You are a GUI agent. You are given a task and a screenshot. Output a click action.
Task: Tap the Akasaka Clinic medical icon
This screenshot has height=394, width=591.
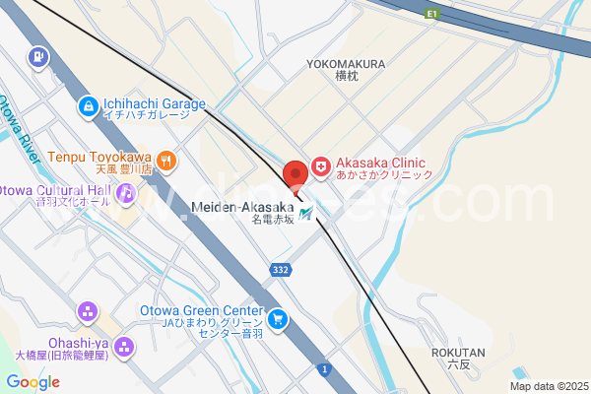pyautogui.click(x=320, y=168)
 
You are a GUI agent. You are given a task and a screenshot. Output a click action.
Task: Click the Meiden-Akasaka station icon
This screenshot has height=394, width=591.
pyautogui.click(x=306, y=212)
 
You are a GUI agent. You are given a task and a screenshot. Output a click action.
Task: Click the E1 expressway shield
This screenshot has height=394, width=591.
pyautogui.click(x=431, y=14)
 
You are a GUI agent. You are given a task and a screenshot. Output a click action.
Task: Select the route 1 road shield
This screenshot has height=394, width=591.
pyautogui.click(x=323, y=368)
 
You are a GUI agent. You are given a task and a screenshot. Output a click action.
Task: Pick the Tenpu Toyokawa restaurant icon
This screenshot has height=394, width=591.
pyautogui.click(x=166, y=158)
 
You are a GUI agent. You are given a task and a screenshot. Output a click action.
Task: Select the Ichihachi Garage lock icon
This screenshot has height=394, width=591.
pyautogui.click(x=88, y=104)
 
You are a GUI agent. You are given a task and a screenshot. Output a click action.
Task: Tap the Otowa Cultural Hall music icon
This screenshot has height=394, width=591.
pyautogui.click(x=126, y=195)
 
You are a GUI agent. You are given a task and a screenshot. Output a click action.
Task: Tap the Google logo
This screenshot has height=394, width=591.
pyautogui.click(x=33, y=382)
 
